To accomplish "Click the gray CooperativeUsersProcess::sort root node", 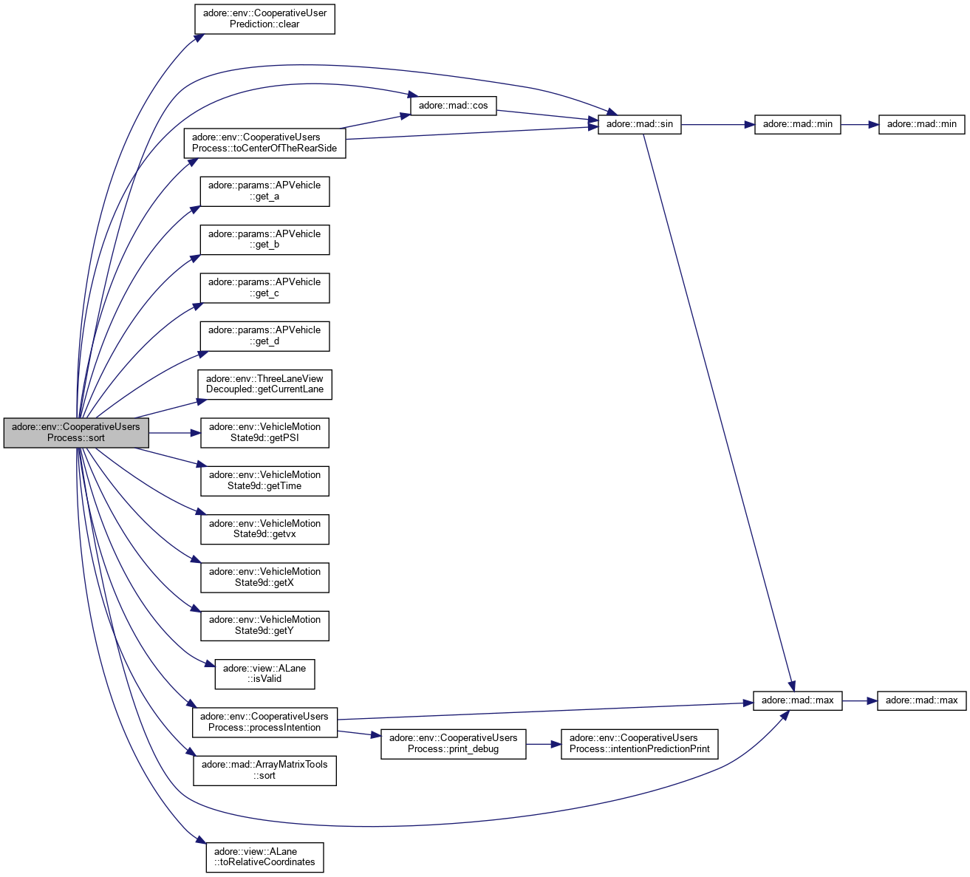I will (76, 432).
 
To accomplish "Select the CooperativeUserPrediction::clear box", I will (264, 18).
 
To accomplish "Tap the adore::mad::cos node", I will (453, 105).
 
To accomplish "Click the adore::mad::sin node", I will (639, 123).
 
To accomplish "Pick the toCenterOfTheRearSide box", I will (264, 143).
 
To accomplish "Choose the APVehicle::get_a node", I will (264, 191).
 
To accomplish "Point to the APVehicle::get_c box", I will (264, 287).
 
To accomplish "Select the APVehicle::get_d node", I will (264, 335).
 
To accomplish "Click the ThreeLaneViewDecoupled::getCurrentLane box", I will (264, 384).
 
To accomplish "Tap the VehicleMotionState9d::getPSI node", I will (264, 432).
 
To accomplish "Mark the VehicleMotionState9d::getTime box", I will (264, 480).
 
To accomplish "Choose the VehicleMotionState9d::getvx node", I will (264, 529).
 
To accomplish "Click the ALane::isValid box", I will (264, 673).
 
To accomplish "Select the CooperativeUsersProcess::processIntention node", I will (264, 722).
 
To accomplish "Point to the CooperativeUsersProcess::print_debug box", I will (453, 743).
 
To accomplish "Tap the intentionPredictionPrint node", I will (639, 743).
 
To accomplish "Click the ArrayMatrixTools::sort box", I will (264, 770).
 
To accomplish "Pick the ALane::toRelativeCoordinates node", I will (264, 856).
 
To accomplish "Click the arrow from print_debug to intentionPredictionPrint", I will (543, 744).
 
